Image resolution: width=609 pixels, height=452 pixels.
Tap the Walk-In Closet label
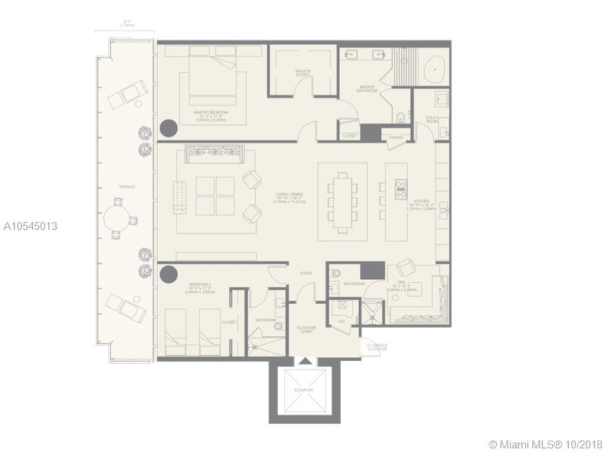pyautogui.click(x=303, y=73)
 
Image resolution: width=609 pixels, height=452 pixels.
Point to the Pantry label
pyautogui.click(x=395, y=136)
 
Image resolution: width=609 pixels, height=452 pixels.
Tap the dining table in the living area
pyautogui.click(x=342, y=196)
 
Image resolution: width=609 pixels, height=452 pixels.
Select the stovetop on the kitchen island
pyautogui.click(x=400, y=189)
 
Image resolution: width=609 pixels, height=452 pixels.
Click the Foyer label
pyautogui.click(x=306, y=273)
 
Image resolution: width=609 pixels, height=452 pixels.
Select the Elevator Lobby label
pyautogui.click(x=306, y=331)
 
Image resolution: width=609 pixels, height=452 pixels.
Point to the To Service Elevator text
pyautogui.click(x=376, y=347)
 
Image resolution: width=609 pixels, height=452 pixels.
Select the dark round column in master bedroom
pyautogui.click(x=168, y=129)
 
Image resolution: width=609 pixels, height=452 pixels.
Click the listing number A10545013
pyautogui.click(x=30, y=226)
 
